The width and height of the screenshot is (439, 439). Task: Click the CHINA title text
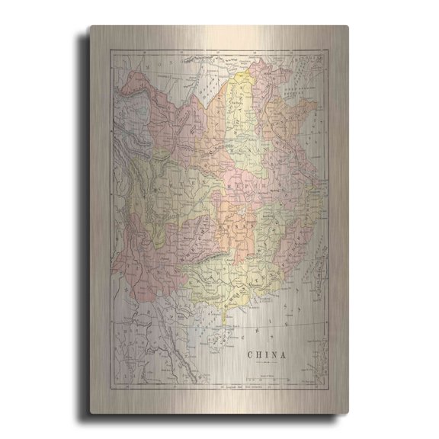pyautogui.click(x=266, y=354)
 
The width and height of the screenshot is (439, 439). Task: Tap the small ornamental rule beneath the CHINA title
pyautogui.click(x=266, y=364)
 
